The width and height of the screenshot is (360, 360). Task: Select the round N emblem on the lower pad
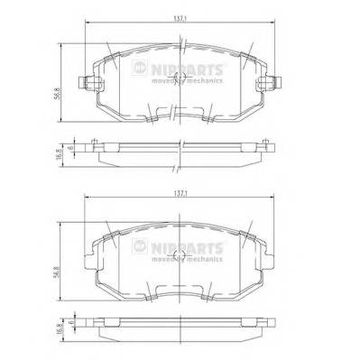(139, 245)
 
